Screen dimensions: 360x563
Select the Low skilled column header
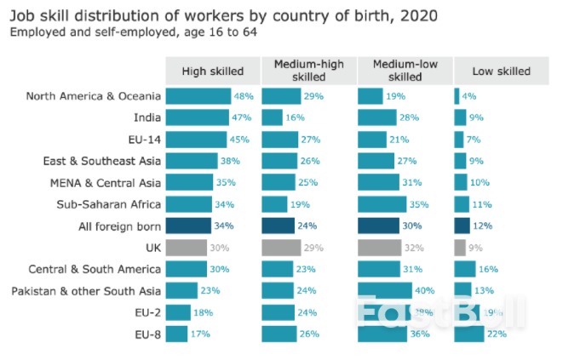(x=501, y=71)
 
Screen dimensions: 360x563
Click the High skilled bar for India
(x=197, y=117)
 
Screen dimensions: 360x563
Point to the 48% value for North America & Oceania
(x=244, y=96)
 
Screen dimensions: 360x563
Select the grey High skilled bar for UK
(x=186, y=248)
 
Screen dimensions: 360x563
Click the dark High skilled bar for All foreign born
(x=188, y=226)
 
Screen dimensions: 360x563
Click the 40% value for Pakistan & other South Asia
(x=424, y=291)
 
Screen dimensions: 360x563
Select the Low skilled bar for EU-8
(x=469, y=334)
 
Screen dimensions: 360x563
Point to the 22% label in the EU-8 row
(x=497, y=334)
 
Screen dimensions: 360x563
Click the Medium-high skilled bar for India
(x=272, y=117)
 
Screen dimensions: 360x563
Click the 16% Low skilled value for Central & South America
(x=488, y=270)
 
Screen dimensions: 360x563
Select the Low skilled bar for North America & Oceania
(x=457, y=96)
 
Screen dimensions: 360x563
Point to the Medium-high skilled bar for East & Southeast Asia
(x=279, y=161)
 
